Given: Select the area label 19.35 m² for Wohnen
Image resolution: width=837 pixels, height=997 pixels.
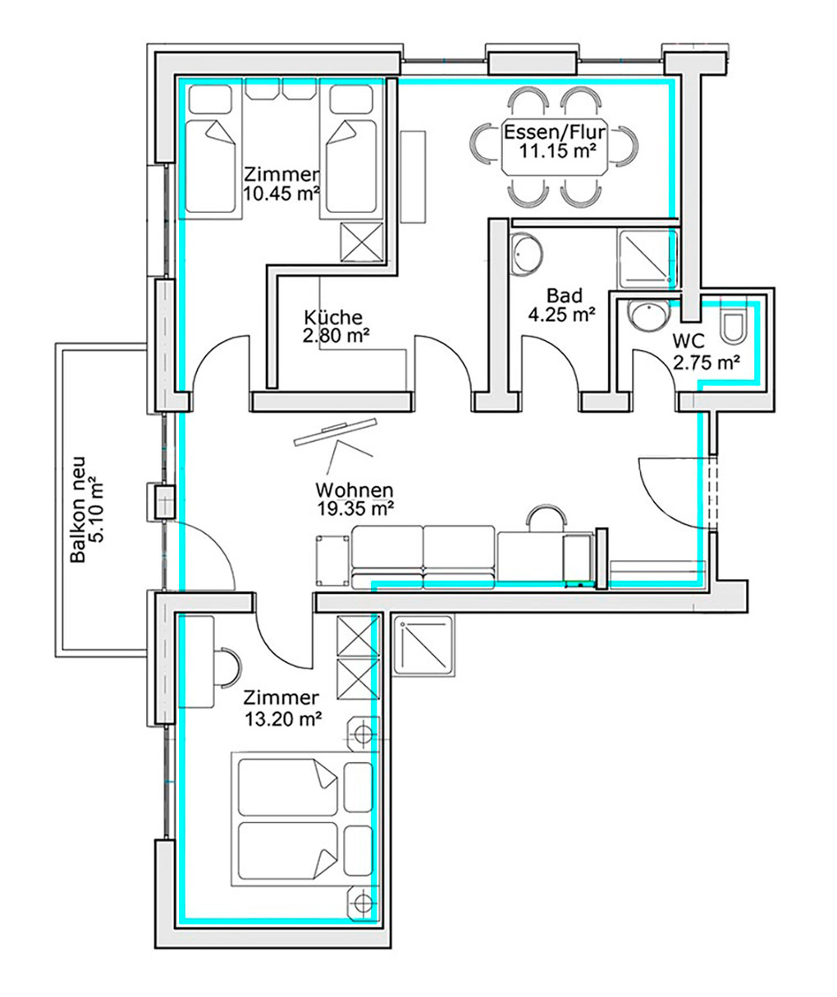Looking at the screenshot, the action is click(x=355, y=508).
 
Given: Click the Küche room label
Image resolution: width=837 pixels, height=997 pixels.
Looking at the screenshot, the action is click(x=333, y=317).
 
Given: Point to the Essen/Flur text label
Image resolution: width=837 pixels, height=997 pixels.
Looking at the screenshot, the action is click(x=555, y=131).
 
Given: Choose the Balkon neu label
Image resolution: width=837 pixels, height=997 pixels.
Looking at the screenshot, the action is click(x=78, y=510).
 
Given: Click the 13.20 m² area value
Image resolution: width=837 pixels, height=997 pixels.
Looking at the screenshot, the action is click(x=282, y=719).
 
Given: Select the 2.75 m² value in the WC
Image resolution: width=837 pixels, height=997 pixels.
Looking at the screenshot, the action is click(x=707, y=363).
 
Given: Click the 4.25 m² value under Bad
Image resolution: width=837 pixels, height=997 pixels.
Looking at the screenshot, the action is click(x=561, y=315).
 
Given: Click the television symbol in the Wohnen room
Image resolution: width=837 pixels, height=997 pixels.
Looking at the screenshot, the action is click(x=335, y=432).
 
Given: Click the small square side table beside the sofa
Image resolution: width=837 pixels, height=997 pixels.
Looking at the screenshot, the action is click(x=332, y=560).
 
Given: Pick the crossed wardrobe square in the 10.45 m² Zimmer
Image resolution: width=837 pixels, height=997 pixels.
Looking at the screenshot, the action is click(x=362, y=242).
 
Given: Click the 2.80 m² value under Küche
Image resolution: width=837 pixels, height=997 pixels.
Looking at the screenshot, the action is click(x=336, y=336).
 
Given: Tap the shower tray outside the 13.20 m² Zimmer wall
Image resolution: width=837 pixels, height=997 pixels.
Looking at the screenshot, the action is click(x=423, y=646).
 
